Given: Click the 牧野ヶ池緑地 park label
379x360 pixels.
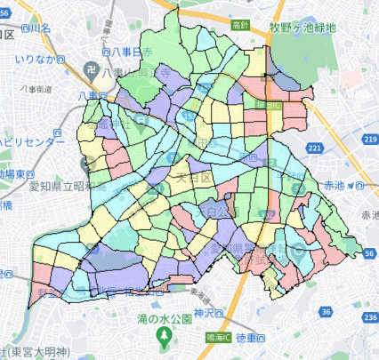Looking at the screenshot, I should (x=302, y=28).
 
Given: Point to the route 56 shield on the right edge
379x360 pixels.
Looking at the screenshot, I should (x=368, y=254).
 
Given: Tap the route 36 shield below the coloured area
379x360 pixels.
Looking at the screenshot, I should (x=327, y=312).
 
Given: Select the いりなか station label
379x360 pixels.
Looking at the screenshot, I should (x=36, y=57).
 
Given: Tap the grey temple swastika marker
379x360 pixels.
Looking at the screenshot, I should (x=92, y=67).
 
